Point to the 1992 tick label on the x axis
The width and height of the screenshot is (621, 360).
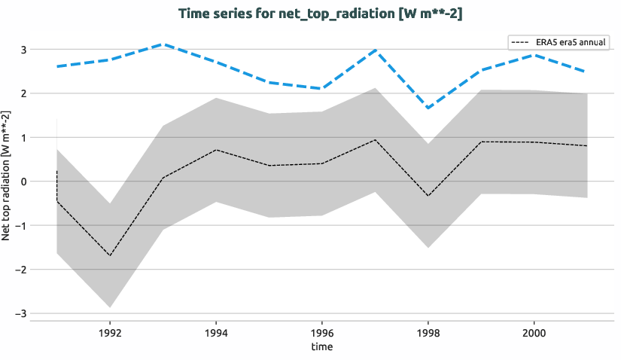(x=110, y=331)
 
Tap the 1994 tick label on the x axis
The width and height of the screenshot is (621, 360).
(x=216, y=331)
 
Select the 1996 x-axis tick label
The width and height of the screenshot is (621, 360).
(x=322, y=331)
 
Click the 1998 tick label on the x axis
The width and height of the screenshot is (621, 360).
(x=428, y=331)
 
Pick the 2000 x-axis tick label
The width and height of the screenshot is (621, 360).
(x=534, y=331)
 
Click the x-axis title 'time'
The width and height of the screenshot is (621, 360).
(x=321, y=346)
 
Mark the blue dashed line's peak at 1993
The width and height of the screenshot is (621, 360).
(x=163, y=44)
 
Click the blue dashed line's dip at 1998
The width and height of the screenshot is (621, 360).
(x=428, y=108)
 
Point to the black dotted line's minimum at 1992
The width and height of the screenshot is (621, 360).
(x=110, y=255)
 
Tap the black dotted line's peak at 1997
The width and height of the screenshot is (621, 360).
(x=375, y=139)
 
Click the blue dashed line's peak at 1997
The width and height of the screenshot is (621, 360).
(x=375, y=50)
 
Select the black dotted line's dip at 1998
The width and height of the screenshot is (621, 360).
(x=428, y=196)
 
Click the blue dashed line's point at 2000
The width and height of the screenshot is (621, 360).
(x=534, y=55)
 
